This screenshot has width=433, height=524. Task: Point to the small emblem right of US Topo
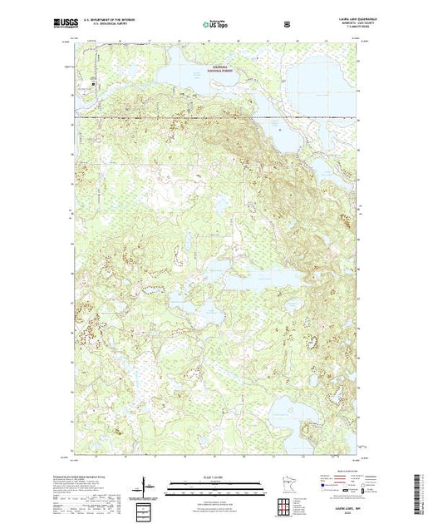(287, 22)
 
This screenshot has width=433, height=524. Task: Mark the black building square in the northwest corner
(93, 83)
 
